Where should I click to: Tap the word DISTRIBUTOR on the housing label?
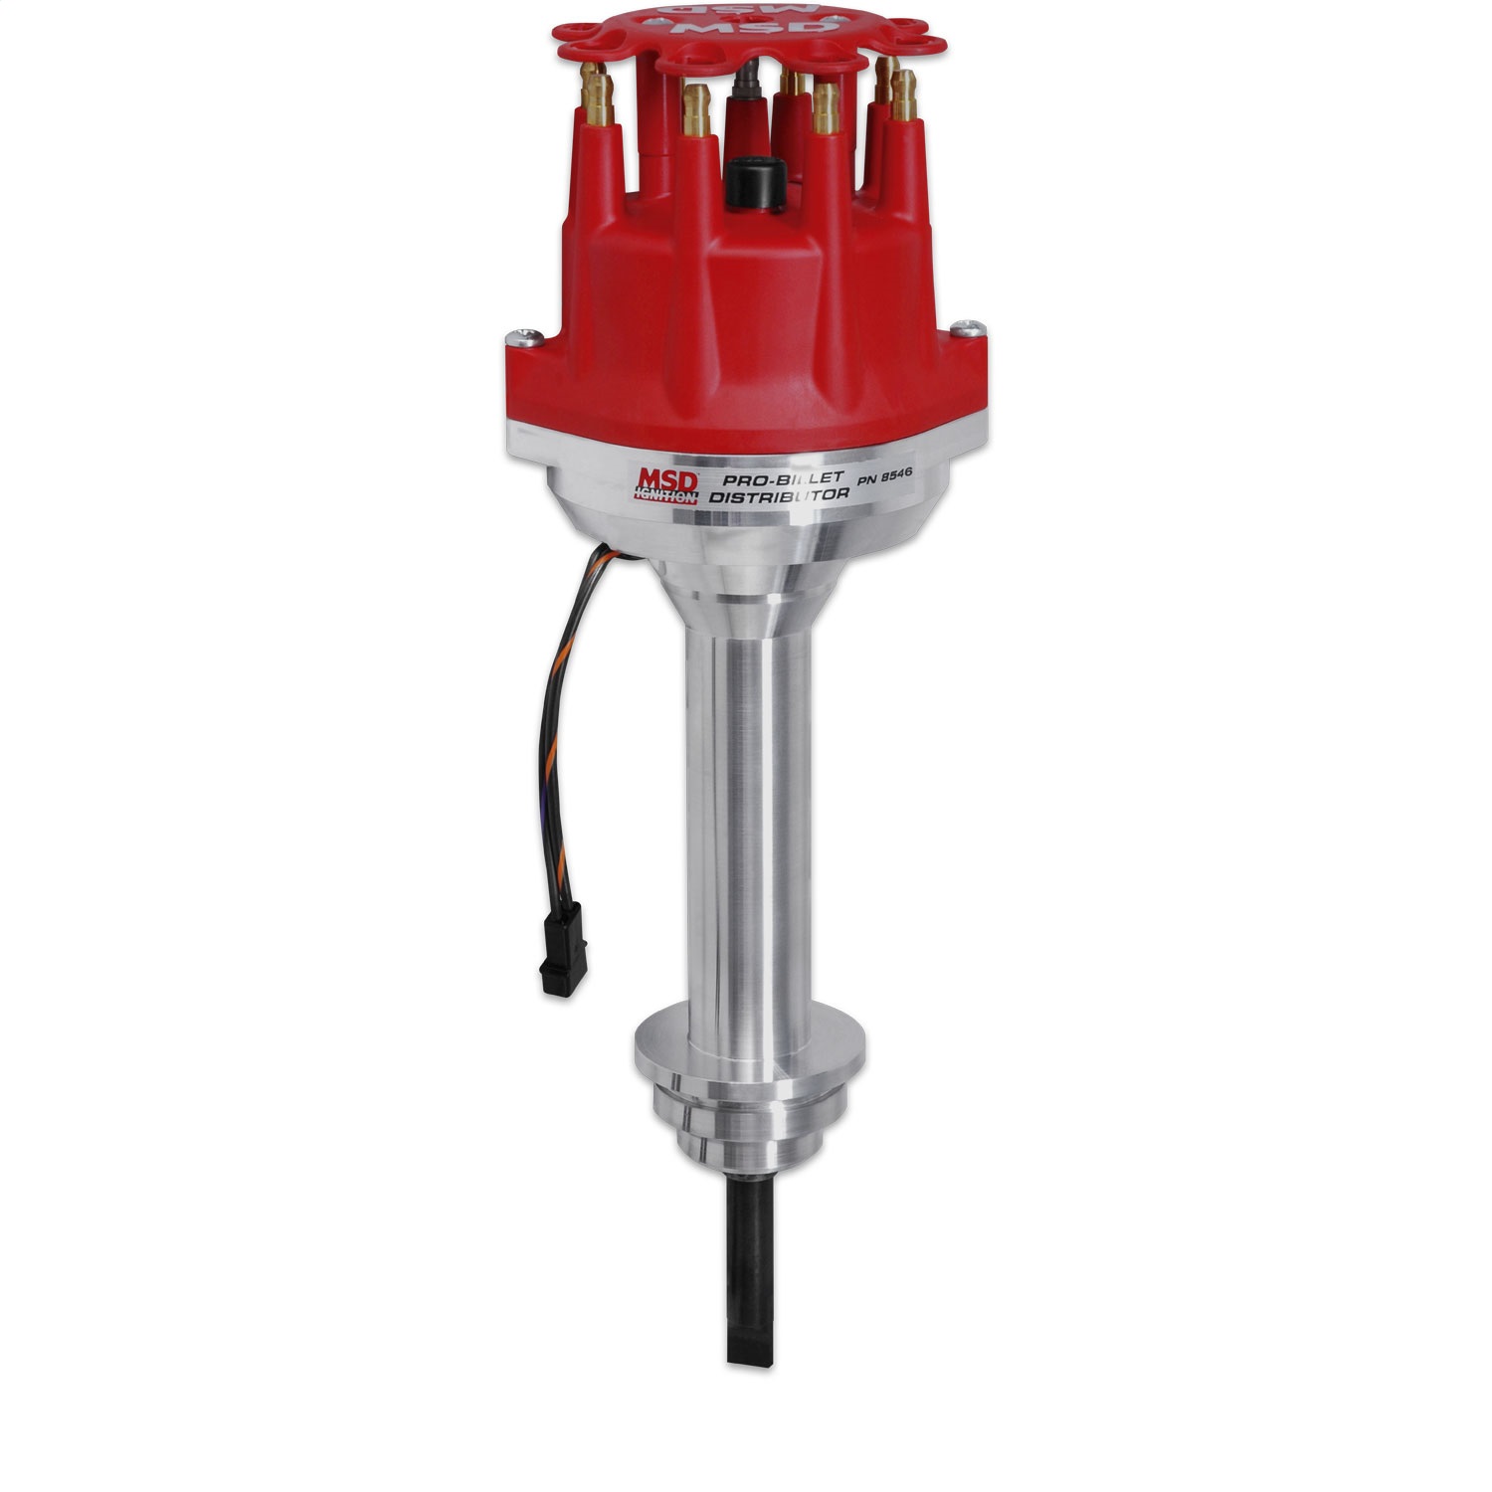tap(778, 498)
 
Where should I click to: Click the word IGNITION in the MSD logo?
tap(665, 497)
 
